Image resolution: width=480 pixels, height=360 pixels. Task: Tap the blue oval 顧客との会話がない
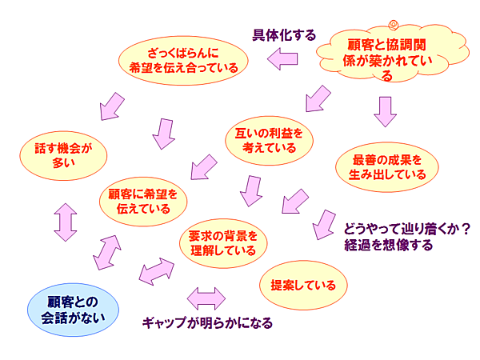72,309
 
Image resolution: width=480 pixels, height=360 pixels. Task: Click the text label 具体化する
284,34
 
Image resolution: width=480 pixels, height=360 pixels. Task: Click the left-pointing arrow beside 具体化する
283,57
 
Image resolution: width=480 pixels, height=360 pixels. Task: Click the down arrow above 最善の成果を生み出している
386,112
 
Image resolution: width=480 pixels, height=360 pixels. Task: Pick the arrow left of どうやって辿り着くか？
323,224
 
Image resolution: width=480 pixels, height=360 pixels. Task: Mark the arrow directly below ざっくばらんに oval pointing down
165,133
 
